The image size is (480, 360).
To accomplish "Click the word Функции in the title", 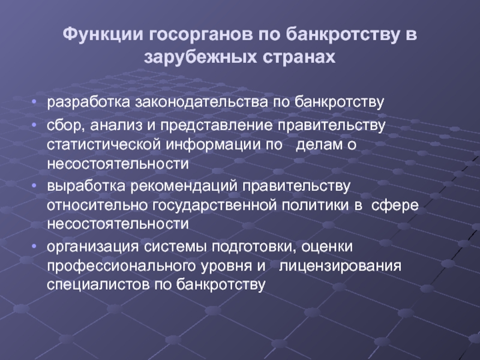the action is tap(103, 35).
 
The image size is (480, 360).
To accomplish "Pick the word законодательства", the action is tap(202, 103).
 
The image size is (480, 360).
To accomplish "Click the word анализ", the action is tap(116, 126).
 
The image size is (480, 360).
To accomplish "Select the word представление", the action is tap(217, 126).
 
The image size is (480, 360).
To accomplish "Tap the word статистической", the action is tap(104, 145).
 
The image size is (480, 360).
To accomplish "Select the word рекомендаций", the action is tap(184, 187).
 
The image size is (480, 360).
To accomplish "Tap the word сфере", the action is tap(395, 205).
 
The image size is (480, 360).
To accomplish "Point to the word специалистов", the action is tap(98, 285).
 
